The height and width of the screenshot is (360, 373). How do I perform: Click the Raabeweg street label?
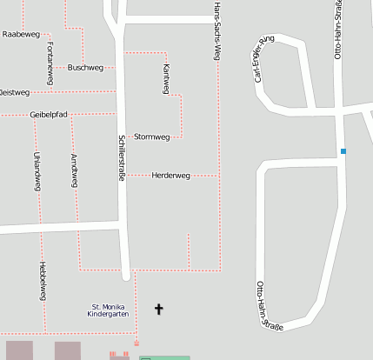point(21,34)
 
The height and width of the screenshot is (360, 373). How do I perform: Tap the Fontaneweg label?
point(50,63)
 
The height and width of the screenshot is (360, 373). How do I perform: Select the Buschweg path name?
point(85,67)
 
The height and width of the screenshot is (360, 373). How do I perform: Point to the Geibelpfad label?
point(49,114)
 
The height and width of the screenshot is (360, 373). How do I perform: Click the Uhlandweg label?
point(36,166)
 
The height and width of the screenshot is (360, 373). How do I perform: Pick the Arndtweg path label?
point(74,170)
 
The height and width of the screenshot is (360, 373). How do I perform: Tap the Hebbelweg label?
point(42,281)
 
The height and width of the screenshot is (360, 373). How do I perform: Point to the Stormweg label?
point(151,137)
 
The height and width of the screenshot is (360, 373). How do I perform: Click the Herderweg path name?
point(170,176)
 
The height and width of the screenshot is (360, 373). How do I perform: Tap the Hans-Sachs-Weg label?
point(216,30)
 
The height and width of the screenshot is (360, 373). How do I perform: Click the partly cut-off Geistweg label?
point(14,92)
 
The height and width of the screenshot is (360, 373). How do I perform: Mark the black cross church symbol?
point(159,309)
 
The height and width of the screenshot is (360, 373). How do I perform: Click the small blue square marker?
point(343,151)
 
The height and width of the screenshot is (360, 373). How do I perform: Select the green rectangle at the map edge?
point(164,357)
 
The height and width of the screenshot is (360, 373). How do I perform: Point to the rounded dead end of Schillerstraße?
point(126,276)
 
